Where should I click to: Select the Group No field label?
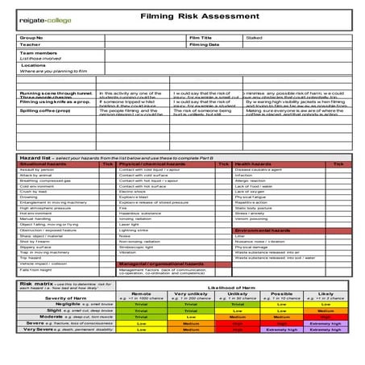(31, 37)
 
